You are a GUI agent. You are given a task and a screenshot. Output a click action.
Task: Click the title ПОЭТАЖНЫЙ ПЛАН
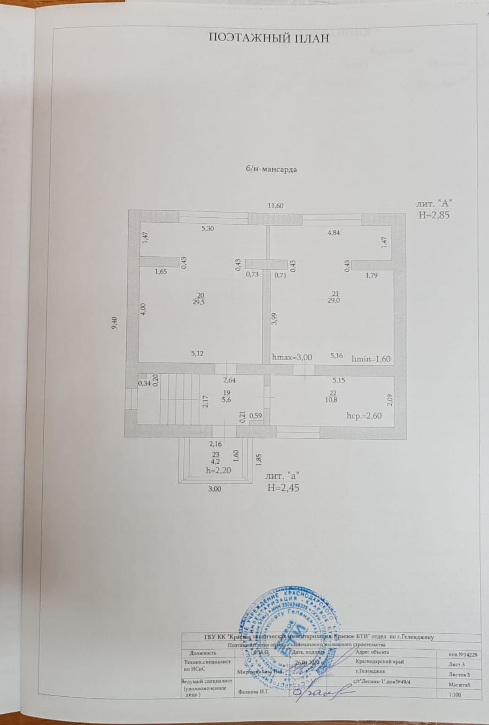[x=268, y=37]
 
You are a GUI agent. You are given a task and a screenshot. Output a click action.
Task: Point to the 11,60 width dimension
[x=276, y=206]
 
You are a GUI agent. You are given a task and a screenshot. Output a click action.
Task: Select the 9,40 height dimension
[x=114, y=323]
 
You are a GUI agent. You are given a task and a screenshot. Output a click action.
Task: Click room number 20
[x=200, y=295]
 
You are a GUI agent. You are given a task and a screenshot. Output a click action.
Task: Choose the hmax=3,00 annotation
[x=292, y=357]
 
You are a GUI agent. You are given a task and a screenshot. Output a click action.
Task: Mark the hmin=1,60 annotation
[x=371, y=359]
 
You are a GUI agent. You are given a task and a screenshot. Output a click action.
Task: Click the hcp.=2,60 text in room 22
[x=364, y=416]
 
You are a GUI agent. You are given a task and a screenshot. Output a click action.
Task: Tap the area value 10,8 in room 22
[x=333, y=400]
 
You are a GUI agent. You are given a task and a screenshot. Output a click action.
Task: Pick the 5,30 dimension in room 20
[x=207, y=228]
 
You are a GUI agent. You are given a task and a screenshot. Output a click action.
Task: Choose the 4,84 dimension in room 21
[x=333, y=232]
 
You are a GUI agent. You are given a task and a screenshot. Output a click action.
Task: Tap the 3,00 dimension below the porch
[x=214, y=488]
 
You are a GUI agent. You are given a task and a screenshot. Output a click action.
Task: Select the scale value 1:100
[x=456, y=695]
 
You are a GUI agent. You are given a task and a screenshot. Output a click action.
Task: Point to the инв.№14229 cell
[x=464, y=653]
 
